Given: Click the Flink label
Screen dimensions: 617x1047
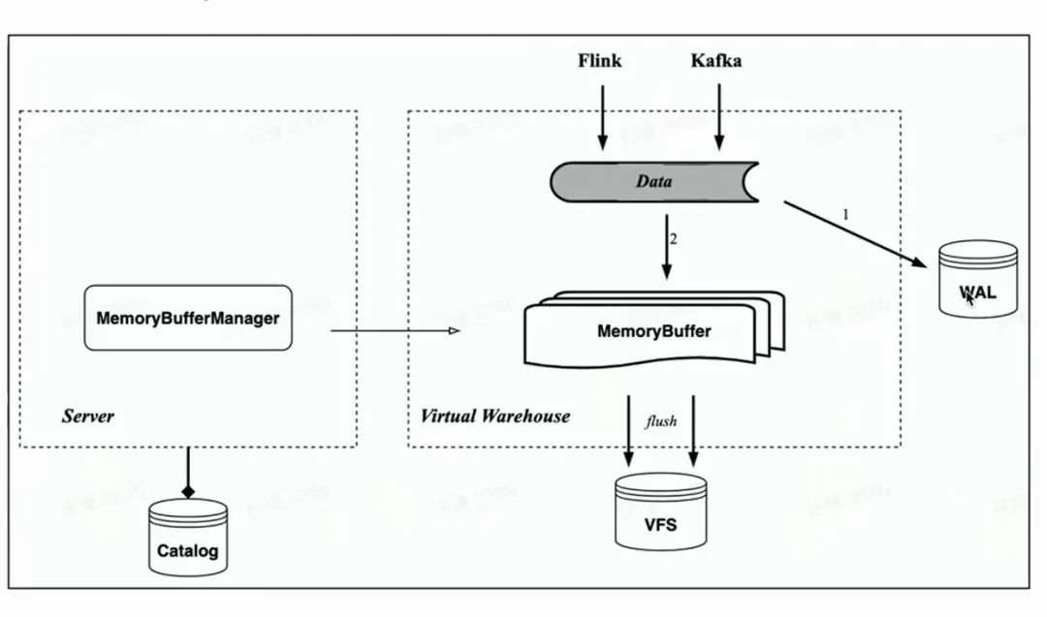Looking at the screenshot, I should click(599, 61).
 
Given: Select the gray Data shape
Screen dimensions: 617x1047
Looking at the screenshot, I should click(654, 181).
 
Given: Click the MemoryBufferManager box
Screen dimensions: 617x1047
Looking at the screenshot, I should click(188, 318).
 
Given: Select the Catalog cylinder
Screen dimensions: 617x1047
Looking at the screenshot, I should click(188, 539).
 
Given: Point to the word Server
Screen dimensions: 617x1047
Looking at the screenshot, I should click(87, 416).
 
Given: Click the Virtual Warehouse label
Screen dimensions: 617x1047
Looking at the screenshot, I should click(494, 416).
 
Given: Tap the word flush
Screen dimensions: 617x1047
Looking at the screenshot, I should click(661, 421).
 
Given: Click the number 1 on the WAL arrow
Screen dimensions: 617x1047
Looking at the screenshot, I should click(844, 215).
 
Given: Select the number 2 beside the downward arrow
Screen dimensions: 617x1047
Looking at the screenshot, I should click(673, 237).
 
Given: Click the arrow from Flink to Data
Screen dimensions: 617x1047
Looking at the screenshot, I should click(602, 116).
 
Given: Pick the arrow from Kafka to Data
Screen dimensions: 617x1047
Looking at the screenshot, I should click(718, 116).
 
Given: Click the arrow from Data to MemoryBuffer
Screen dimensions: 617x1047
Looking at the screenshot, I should click(665, 247).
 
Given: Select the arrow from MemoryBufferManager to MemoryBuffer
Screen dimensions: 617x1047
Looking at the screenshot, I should click(393, 332).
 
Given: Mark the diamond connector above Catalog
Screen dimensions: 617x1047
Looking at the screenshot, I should click(188, 491).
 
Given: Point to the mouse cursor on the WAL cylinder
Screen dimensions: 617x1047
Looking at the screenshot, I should click(969, 297).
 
